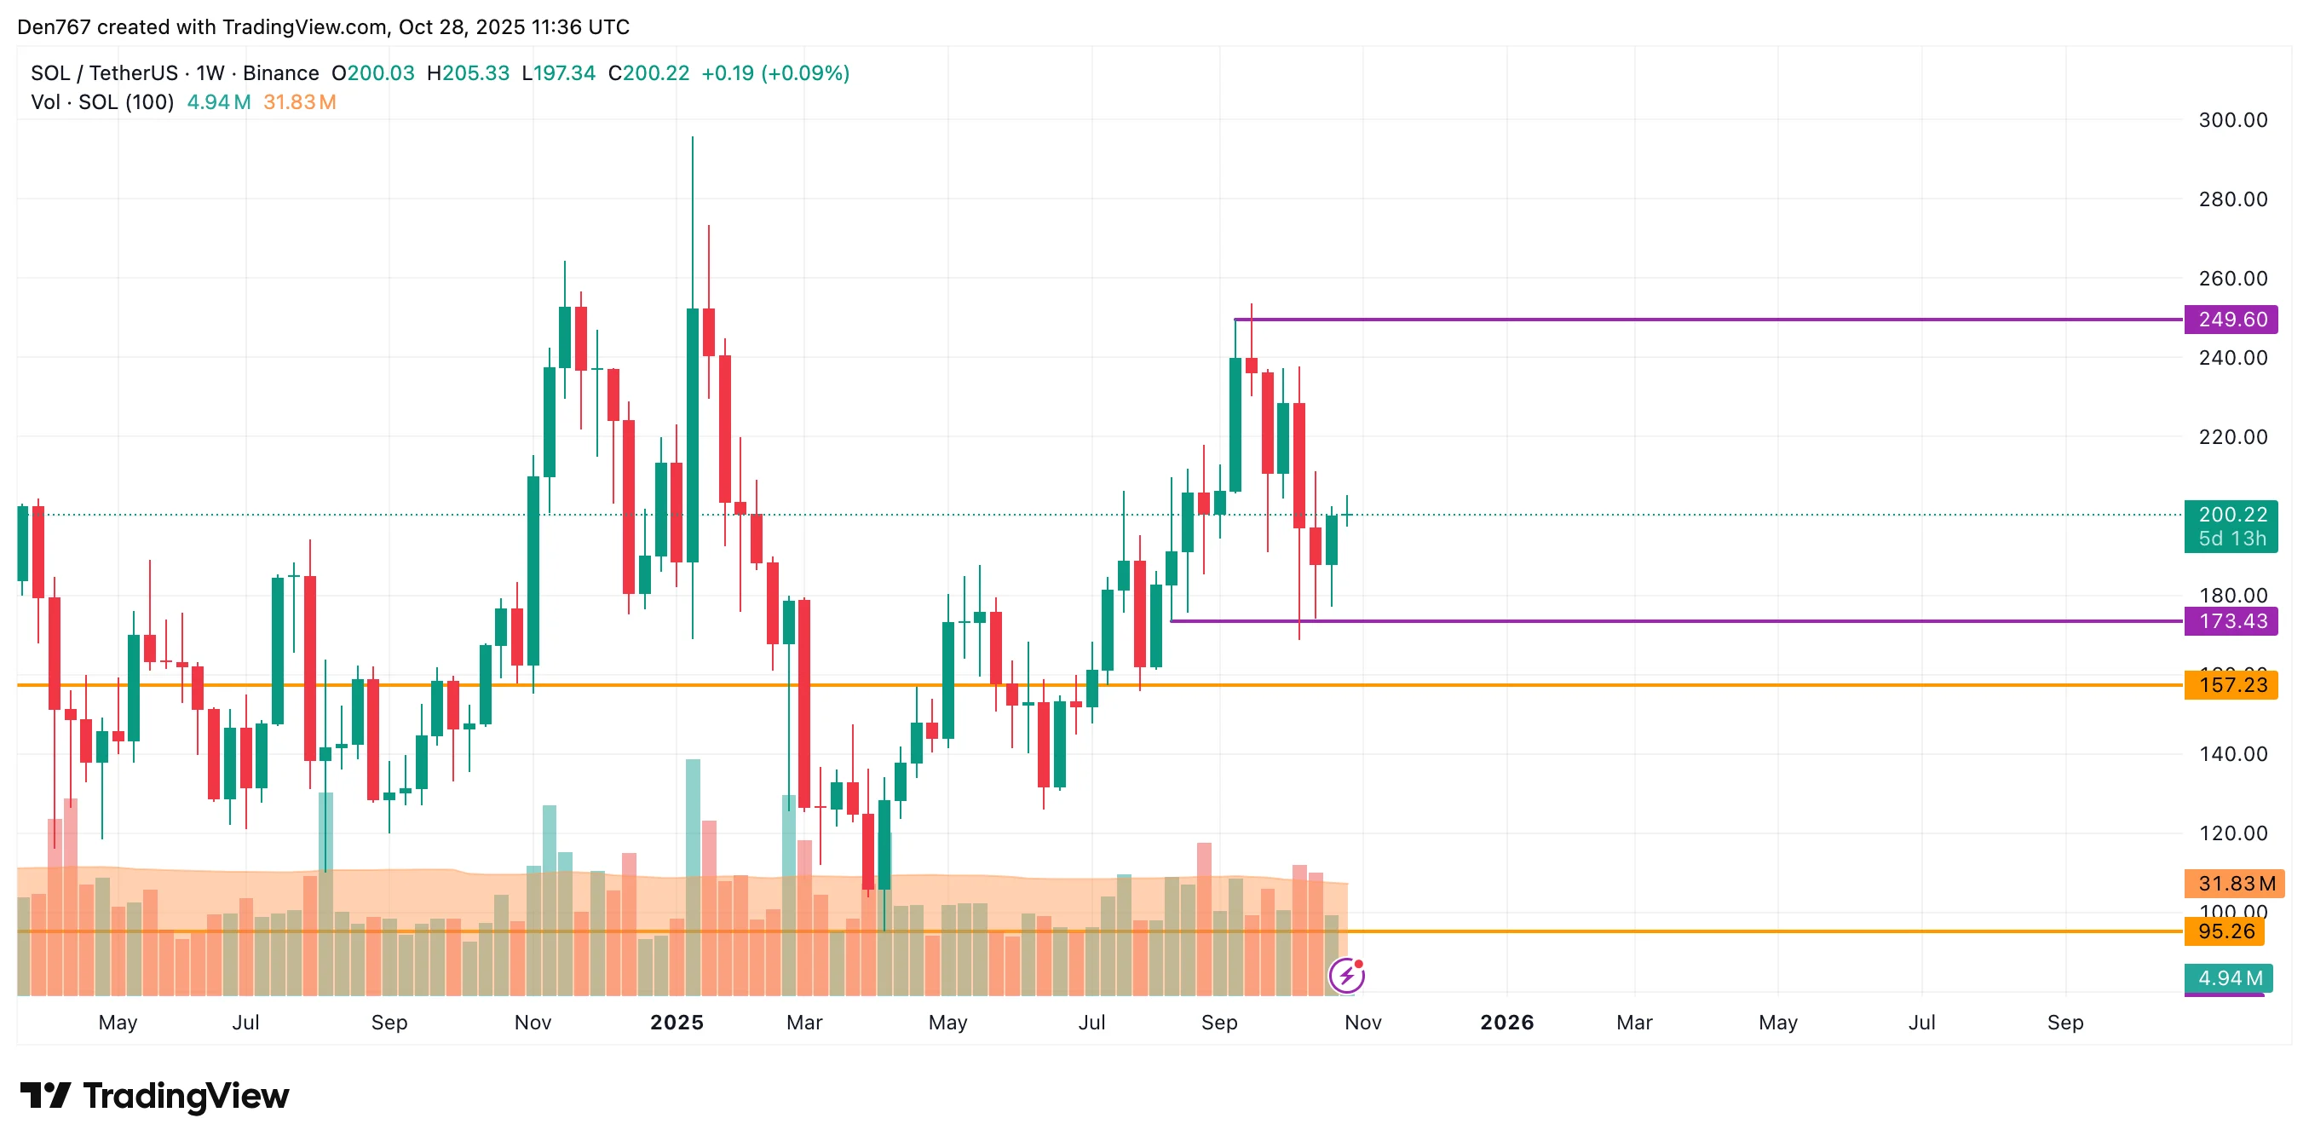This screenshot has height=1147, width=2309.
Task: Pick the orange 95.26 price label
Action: tap(2225, 931)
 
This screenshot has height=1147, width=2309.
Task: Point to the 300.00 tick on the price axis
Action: tap(2232, 120)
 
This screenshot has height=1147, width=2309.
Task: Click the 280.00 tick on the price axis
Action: tap(2232, 199)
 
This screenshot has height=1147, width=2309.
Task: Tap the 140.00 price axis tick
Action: tap(2232, 754)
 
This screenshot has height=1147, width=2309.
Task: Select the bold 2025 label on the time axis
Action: tap(677, 1023)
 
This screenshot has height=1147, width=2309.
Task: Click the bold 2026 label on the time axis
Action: tap(1506, 1023)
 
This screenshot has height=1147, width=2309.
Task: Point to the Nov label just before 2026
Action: tap(1362, 1023)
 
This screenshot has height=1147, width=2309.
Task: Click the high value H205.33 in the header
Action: tap(468, 73)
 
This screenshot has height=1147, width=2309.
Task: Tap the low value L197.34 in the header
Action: tap(558, 73)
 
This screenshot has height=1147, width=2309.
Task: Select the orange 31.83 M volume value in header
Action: tap(299, 102)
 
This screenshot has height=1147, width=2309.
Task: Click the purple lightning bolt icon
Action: tap(1346, 976)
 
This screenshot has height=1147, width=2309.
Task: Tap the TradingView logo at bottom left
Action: tap(155, 1096)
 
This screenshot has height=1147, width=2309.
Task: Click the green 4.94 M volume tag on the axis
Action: tap(2228, 977)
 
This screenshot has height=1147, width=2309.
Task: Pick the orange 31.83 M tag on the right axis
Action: tap(2235, 884)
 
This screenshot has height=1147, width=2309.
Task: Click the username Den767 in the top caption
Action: tap(54, 27)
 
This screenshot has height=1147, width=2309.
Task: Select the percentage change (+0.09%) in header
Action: tap(805, 73)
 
